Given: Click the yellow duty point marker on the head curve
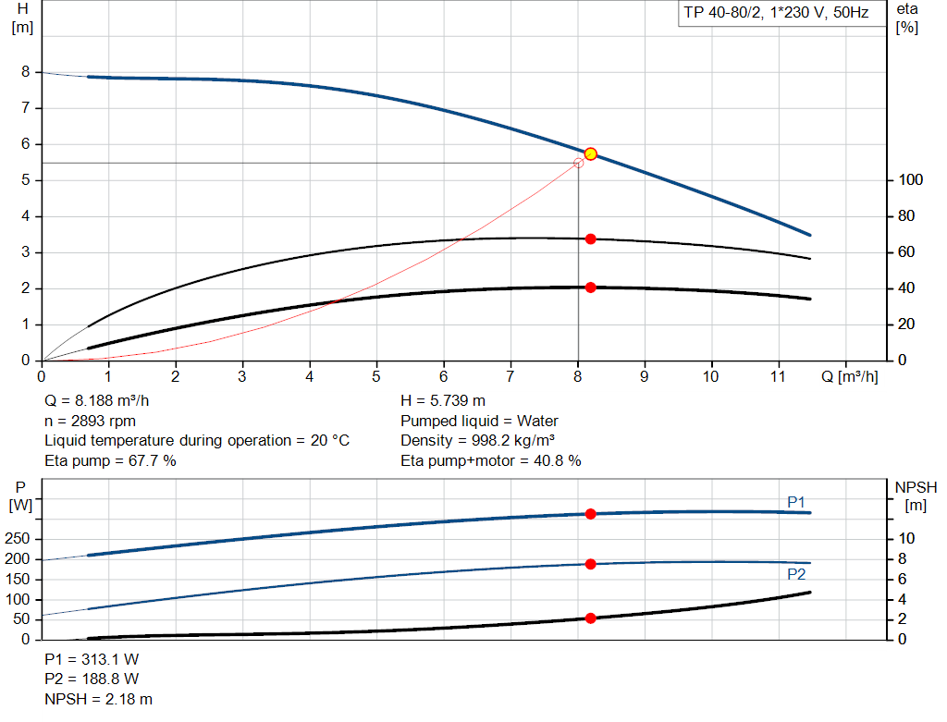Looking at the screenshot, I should (x=590, y=154).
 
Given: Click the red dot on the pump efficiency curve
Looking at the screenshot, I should (x=590, y=239).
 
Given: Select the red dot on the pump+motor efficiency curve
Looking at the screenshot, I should (x=590, y=288).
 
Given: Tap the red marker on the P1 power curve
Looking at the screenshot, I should (x=590, y=513).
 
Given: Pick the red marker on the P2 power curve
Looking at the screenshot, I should (x=590, y=564).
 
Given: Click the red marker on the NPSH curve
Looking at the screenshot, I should (x=590, y=618).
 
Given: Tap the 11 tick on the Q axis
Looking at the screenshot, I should (x=778, y=377).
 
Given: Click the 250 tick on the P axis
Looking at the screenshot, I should (x=19, y=539).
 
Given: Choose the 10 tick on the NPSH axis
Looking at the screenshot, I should (x=908, y=539).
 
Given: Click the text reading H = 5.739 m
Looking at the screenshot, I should (x=443, y=401).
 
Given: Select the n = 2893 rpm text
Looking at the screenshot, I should (x=91, y=421).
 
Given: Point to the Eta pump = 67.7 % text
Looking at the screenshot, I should (x=110, y=459).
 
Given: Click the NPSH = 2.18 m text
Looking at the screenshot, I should (x=99, y=699).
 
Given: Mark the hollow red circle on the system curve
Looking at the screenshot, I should (x=579, y=163).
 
